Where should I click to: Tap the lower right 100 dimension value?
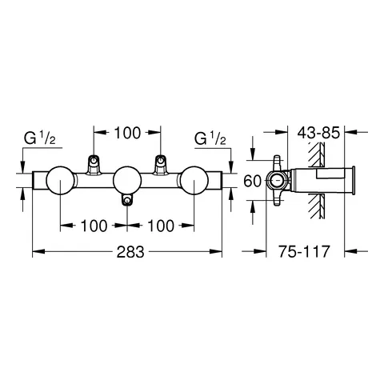[162, 226]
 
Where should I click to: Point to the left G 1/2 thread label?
[37, 139]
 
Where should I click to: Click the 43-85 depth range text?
[320, 128]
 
